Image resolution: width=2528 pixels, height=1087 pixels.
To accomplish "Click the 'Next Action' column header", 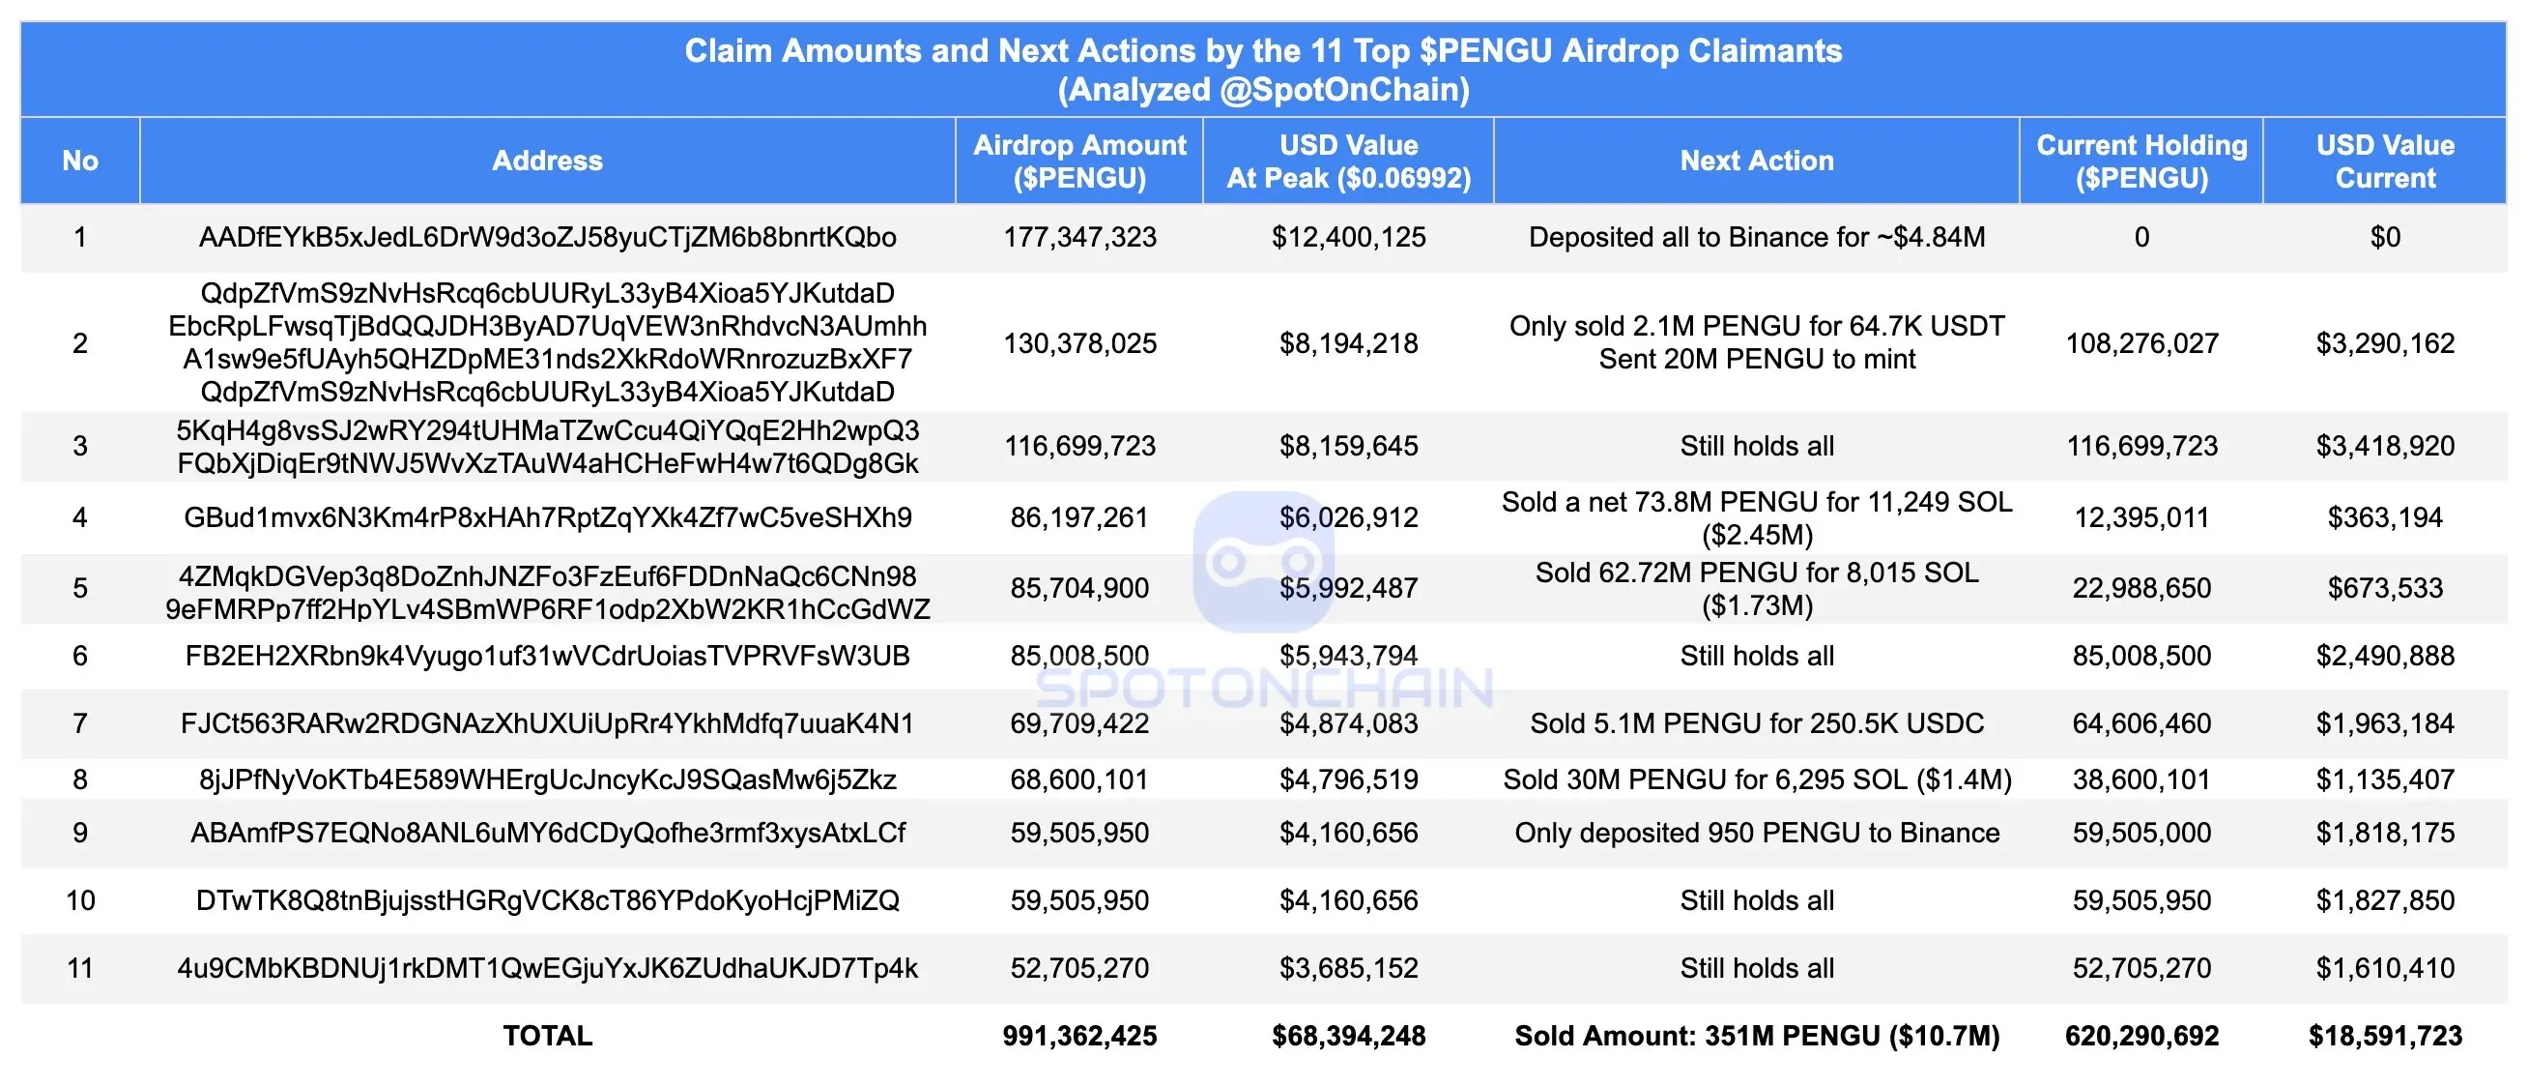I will (1756, 161).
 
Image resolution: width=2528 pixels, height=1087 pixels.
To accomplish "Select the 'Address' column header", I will (547, 161).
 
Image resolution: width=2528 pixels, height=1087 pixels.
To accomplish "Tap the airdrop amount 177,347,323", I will (1079, 237).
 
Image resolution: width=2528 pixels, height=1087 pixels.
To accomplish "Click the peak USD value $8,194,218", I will (1348, 342).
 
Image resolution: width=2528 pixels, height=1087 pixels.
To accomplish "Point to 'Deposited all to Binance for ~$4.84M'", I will (1756, 237).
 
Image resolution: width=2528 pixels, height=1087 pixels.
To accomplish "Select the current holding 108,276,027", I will (2141, 342).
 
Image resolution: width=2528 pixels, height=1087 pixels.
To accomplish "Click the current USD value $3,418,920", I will (2385, 446).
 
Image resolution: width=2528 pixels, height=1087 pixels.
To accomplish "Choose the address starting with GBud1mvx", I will (547, 517).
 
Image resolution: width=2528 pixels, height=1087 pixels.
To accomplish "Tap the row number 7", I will (80, 723).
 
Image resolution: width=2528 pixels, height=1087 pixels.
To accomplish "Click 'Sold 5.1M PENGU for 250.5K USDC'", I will (1756, 723).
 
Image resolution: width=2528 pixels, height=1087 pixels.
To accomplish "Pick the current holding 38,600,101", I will (2141, 779).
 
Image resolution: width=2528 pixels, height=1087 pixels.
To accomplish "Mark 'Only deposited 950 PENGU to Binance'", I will (1756, 833).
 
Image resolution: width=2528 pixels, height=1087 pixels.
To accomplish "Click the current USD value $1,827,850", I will (2385, 900).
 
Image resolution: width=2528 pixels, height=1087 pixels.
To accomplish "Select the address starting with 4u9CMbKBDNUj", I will (547, 968).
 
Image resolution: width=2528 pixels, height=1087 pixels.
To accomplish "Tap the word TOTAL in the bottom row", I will (547, 1036).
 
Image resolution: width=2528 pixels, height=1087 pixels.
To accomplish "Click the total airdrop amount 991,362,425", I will (1079, 1036).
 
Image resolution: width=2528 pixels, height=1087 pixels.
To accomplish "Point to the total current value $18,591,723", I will (2385, 1036).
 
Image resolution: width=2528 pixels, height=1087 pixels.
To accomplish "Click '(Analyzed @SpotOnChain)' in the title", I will (1263, 89).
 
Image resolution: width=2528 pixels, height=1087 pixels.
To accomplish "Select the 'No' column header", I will (80, 161).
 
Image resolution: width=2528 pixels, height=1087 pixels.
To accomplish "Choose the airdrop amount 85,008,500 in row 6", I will (1079, 656).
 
